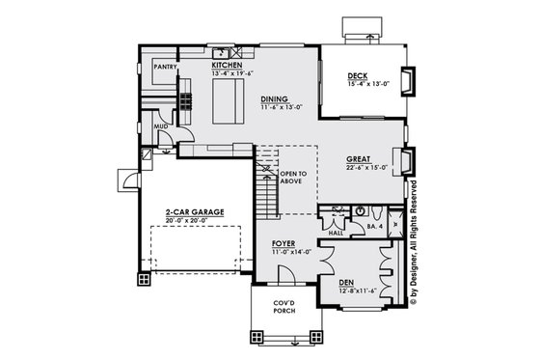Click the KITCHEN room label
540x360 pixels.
coord(227,65)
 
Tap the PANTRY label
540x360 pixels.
coord(163,68)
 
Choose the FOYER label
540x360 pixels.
coord(283,243)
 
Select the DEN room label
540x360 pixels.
coord(346,283)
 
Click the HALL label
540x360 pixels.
coord(337,233)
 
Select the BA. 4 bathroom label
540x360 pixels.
coord(374,228)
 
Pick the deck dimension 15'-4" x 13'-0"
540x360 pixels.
coord(366,85)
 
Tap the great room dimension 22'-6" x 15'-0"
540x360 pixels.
coord(367,167)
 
